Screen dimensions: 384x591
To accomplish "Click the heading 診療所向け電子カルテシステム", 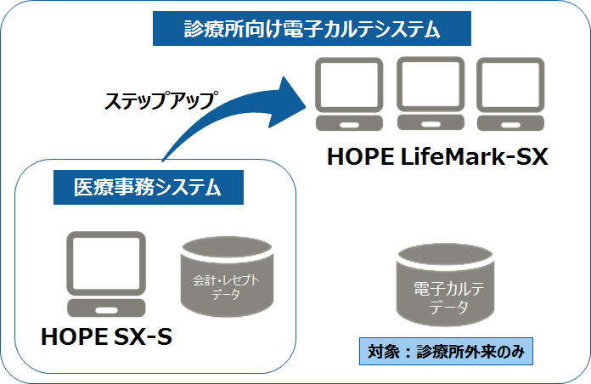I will pyautogui.click(x=312, y=31).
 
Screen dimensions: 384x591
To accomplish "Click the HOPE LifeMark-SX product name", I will pyautogui.click(x=438, y=157).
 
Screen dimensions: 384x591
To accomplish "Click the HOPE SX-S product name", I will pyautogui.click(x=107, y=337).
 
